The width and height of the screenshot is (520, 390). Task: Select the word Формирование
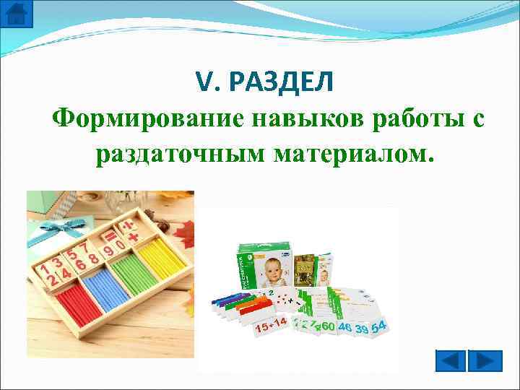[149, 117]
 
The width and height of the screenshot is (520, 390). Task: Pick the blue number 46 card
[344, 329]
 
